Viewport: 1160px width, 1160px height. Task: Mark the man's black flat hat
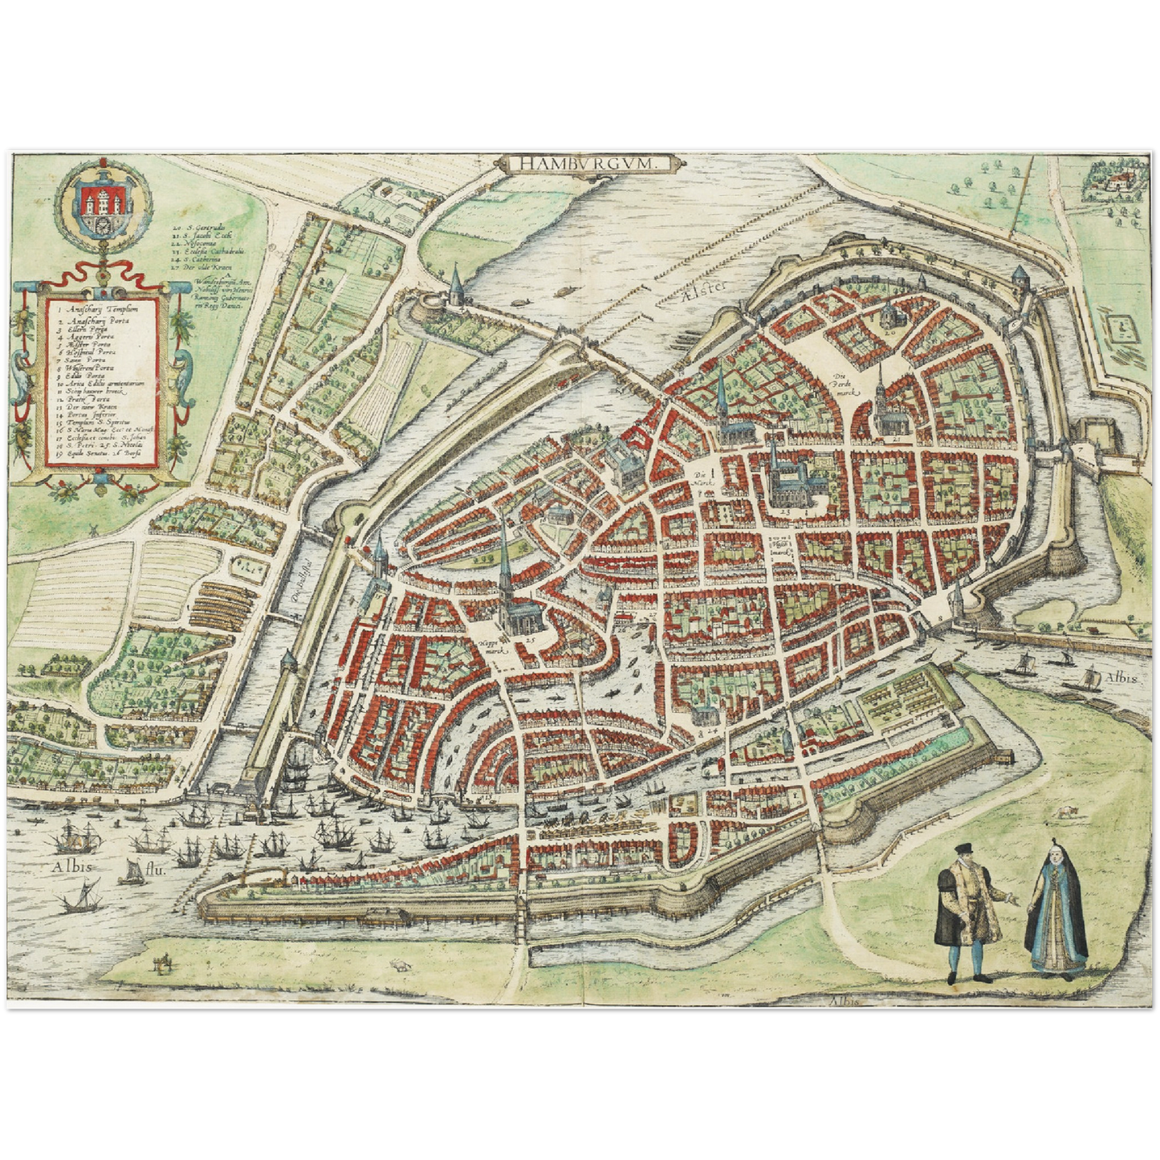click(963, 850)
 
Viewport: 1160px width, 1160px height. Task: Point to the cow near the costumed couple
click(1064, 812)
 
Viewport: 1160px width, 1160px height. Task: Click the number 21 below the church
click(894, 440)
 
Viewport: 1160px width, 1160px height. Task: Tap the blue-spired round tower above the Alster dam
click(454, 285)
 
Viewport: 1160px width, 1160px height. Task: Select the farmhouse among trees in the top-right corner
click(1114, 183)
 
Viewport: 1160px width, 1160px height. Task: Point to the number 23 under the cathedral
click(785, 511)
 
